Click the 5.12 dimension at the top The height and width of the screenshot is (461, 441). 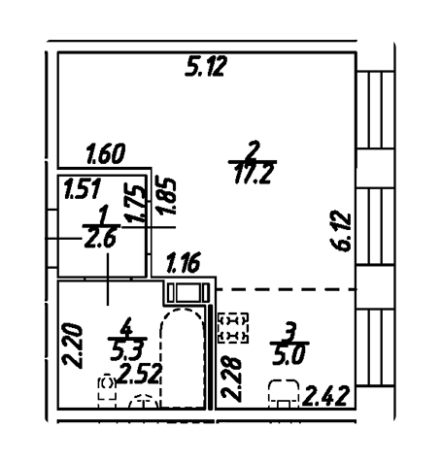point(205,66)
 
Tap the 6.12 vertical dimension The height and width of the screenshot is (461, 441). point(342,231)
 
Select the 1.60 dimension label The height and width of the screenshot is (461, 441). point(106,154)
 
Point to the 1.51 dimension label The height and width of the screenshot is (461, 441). point(83,188)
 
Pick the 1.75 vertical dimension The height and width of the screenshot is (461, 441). point(135,203)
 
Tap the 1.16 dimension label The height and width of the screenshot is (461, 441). point(183,262)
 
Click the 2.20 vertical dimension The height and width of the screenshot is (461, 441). point(73,345)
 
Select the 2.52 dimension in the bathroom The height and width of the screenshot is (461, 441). point(140,374)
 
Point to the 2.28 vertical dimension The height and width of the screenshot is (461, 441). point(231,379)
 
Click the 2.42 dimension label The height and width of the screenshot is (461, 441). point(325,396)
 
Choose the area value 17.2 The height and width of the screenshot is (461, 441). point(253,174)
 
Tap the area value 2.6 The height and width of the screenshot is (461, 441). point(100,239)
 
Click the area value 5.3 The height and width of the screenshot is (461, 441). point(126,351)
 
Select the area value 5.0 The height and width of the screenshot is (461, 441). point(288,355)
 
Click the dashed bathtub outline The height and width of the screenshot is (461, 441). point(183,310)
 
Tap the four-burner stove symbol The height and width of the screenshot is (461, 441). point(233,328)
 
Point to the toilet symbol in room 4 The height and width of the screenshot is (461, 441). point(107,387)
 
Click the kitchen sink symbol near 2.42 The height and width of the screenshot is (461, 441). point(284,393)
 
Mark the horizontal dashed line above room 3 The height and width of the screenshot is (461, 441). point(287,289)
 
